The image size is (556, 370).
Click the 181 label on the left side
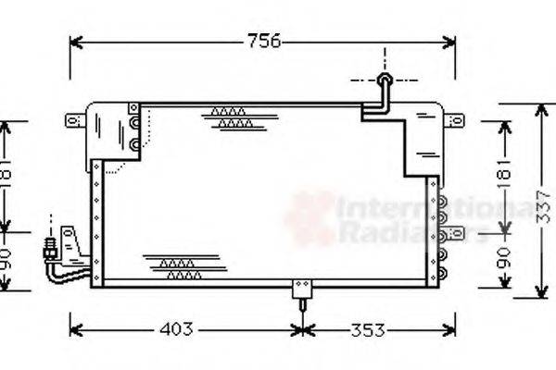(7, 176)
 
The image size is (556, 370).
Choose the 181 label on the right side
(503, 176)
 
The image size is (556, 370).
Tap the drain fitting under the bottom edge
(301, 293)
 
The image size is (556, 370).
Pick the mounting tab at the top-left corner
(71, 120)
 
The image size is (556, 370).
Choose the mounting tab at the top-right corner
(453, 120)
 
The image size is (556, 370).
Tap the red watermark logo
(309, 218)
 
